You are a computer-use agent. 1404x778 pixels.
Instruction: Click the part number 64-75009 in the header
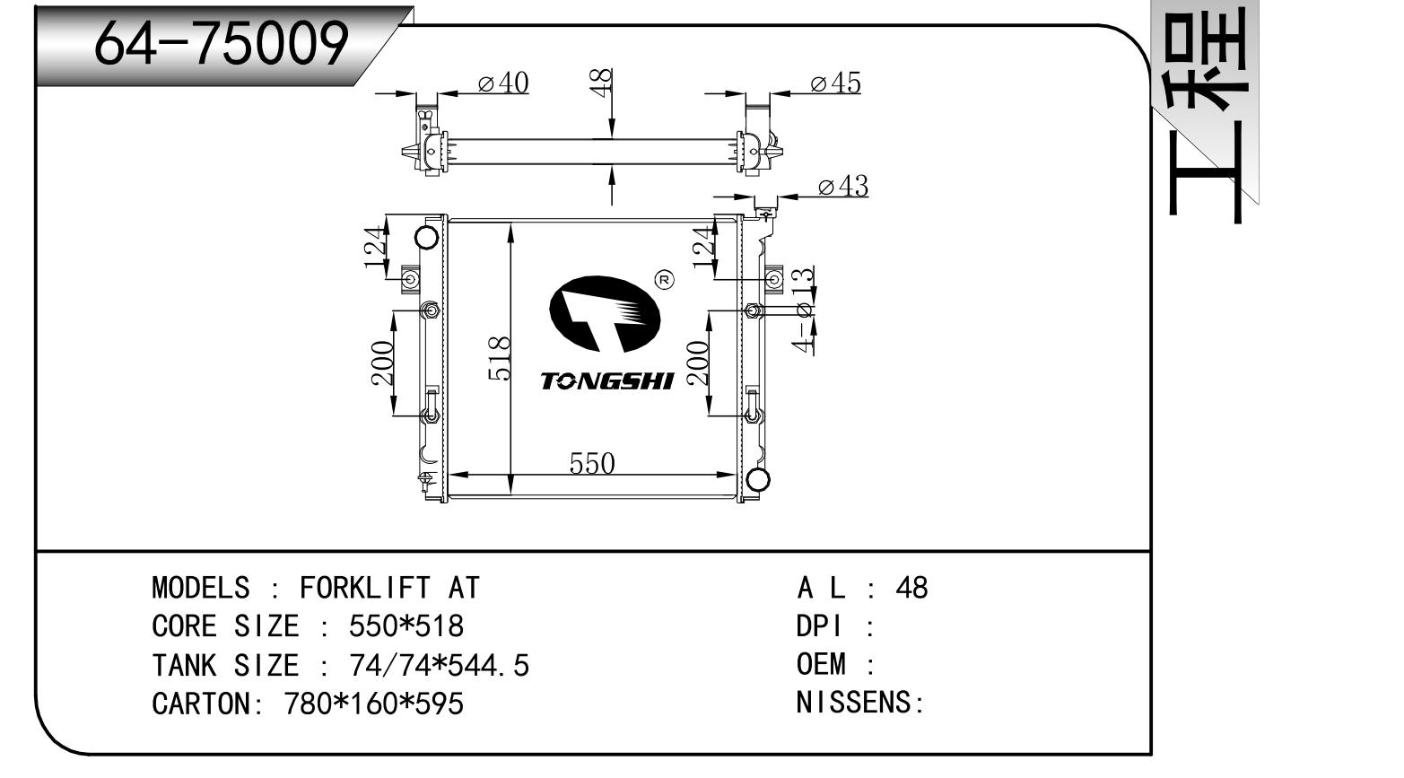221,42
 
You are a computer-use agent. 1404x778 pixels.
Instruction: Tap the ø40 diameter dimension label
503,83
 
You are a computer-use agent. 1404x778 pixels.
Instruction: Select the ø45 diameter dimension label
835,83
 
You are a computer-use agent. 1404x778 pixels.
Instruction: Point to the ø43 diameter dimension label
843,187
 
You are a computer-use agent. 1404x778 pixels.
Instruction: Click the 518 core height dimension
500,358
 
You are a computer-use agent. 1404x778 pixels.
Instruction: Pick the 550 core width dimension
592,463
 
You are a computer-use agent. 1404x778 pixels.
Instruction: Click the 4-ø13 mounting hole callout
806,310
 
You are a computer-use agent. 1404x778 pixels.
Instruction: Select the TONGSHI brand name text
606,381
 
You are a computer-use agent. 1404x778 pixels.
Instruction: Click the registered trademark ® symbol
666,281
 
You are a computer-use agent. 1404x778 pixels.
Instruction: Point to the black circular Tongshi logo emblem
604,314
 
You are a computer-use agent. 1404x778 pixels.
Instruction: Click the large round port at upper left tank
428,239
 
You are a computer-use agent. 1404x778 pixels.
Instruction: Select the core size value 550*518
406,626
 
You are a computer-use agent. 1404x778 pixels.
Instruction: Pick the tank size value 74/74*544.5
439,666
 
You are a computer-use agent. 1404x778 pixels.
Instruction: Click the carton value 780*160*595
373,704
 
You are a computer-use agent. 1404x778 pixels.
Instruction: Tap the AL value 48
911,588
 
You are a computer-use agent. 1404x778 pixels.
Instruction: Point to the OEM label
821,664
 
